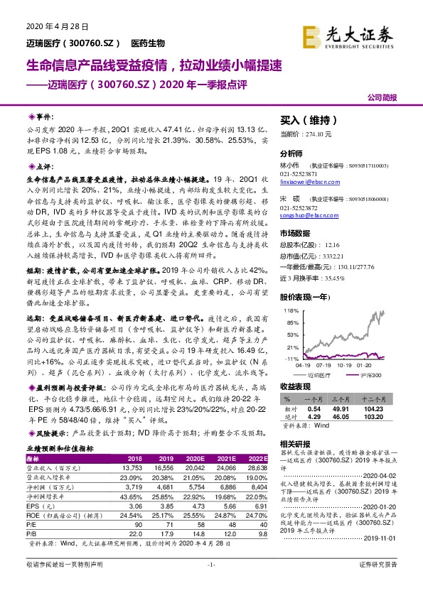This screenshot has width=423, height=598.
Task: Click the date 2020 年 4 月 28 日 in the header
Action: [50, 26]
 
